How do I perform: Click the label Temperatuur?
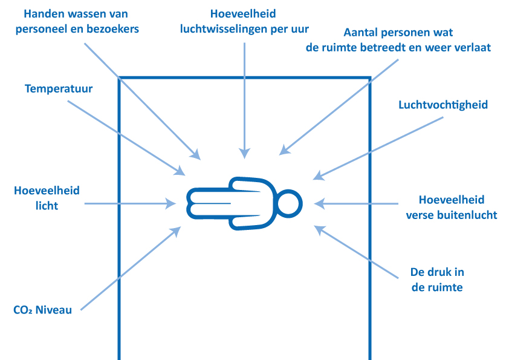click(x=59, y=89)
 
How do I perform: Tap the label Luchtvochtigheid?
click(x=443, y=105)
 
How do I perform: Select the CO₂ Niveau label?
click(x=42, y=310)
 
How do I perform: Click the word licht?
click(x=47, y=206)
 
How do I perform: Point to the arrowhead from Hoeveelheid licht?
click(x=171, y=204)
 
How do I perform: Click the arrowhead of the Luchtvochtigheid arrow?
click(x=318, y=176)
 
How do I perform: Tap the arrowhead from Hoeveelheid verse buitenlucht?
click(x=319, y=204)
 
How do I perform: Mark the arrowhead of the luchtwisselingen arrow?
click(x=244, y=154)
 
